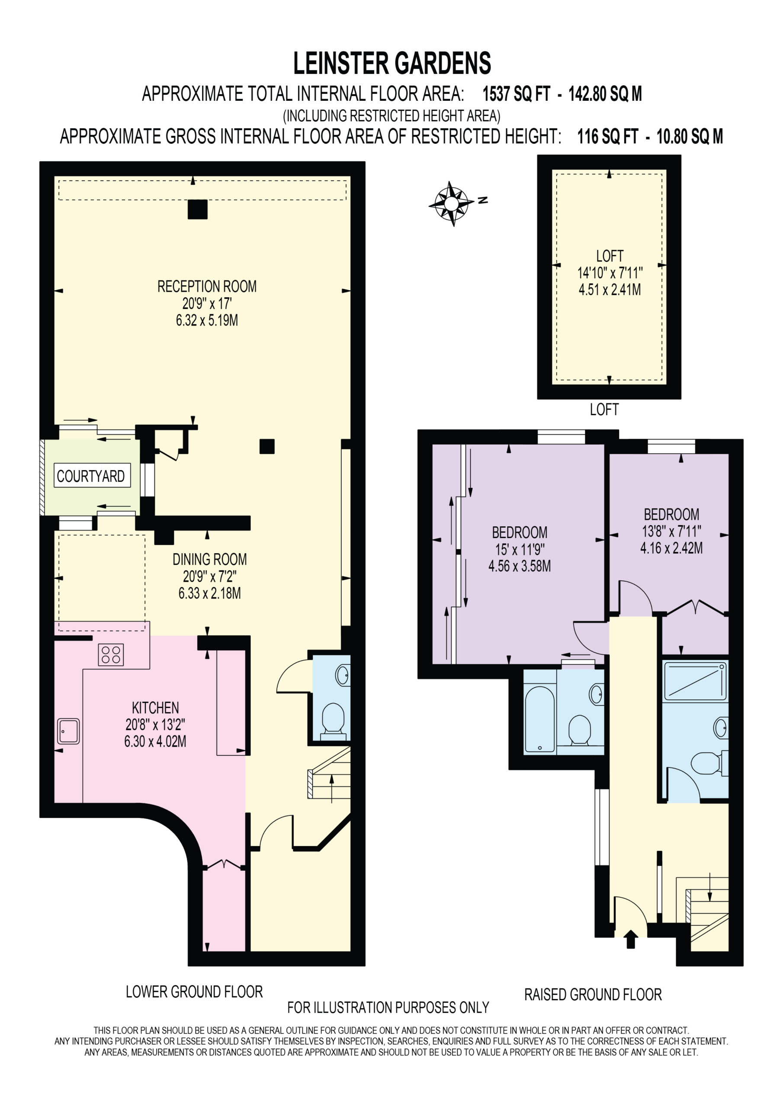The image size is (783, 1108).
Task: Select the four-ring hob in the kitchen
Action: (111, 655)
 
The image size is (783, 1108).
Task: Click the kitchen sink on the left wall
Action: (68, 731)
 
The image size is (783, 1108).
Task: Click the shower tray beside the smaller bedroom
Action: (695, 681)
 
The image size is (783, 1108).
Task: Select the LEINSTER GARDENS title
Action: (392, 63)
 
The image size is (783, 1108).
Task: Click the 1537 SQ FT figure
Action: (516, 93)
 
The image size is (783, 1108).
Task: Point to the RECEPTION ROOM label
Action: (207, 286)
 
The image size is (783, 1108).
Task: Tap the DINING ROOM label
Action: (210, 559)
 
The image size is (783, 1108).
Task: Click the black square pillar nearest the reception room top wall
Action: (197, 209)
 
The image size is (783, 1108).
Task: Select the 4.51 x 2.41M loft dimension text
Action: (610, 290)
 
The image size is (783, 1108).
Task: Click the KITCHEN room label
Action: (155, 708)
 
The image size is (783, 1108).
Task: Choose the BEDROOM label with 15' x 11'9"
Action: (520, 532)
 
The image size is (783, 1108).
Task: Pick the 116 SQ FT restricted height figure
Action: (608, 137)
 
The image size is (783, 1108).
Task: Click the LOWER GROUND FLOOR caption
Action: (194, 992)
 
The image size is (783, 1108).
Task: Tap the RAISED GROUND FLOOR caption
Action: (593, 995)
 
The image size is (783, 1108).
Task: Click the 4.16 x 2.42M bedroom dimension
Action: (671, 548)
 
